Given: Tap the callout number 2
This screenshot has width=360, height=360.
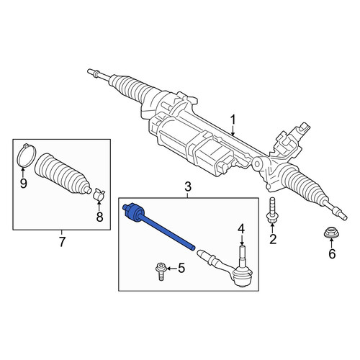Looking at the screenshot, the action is pos(273,239).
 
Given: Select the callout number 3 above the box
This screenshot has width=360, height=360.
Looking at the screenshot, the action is pos(188,186).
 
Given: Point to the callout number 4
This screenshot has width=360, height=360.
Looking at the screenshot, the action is pos(241,229).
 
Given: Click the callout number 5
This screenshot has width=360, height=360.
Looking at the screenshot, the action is pos(181,268).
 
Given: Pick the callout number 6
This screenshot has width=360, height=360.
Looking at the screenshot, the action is pos(332,253).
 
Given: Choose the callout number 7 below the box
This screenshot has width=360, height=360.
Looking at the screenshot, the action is pos(62,242).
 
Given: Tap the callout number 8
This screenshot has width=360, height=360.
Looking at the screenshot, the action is pos(99,217).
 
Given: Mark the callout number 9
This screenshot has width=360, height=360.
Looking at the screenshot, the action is pos(23,184).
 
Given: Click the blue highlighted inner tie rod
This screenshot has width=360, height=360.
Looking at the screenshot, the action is pos(158,227).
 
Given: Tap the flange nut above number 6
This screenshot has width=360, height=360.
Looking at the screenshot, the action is pos(330,233).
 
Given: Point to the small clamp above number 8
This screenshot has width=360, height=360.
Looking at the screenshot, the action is pos(99,194).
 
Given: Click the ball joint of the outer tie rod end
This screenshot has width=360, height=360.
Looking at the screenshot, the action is pos(243,276).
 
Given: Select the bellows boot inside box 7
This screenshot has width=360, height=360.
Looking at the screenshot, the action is pos(63,174).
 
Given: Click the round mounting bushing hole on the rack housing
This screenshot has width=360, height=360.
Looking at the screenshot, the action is pos(257,164).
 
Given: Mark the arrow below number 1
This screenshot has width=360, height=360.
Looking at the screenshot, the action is pos(233,132).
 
